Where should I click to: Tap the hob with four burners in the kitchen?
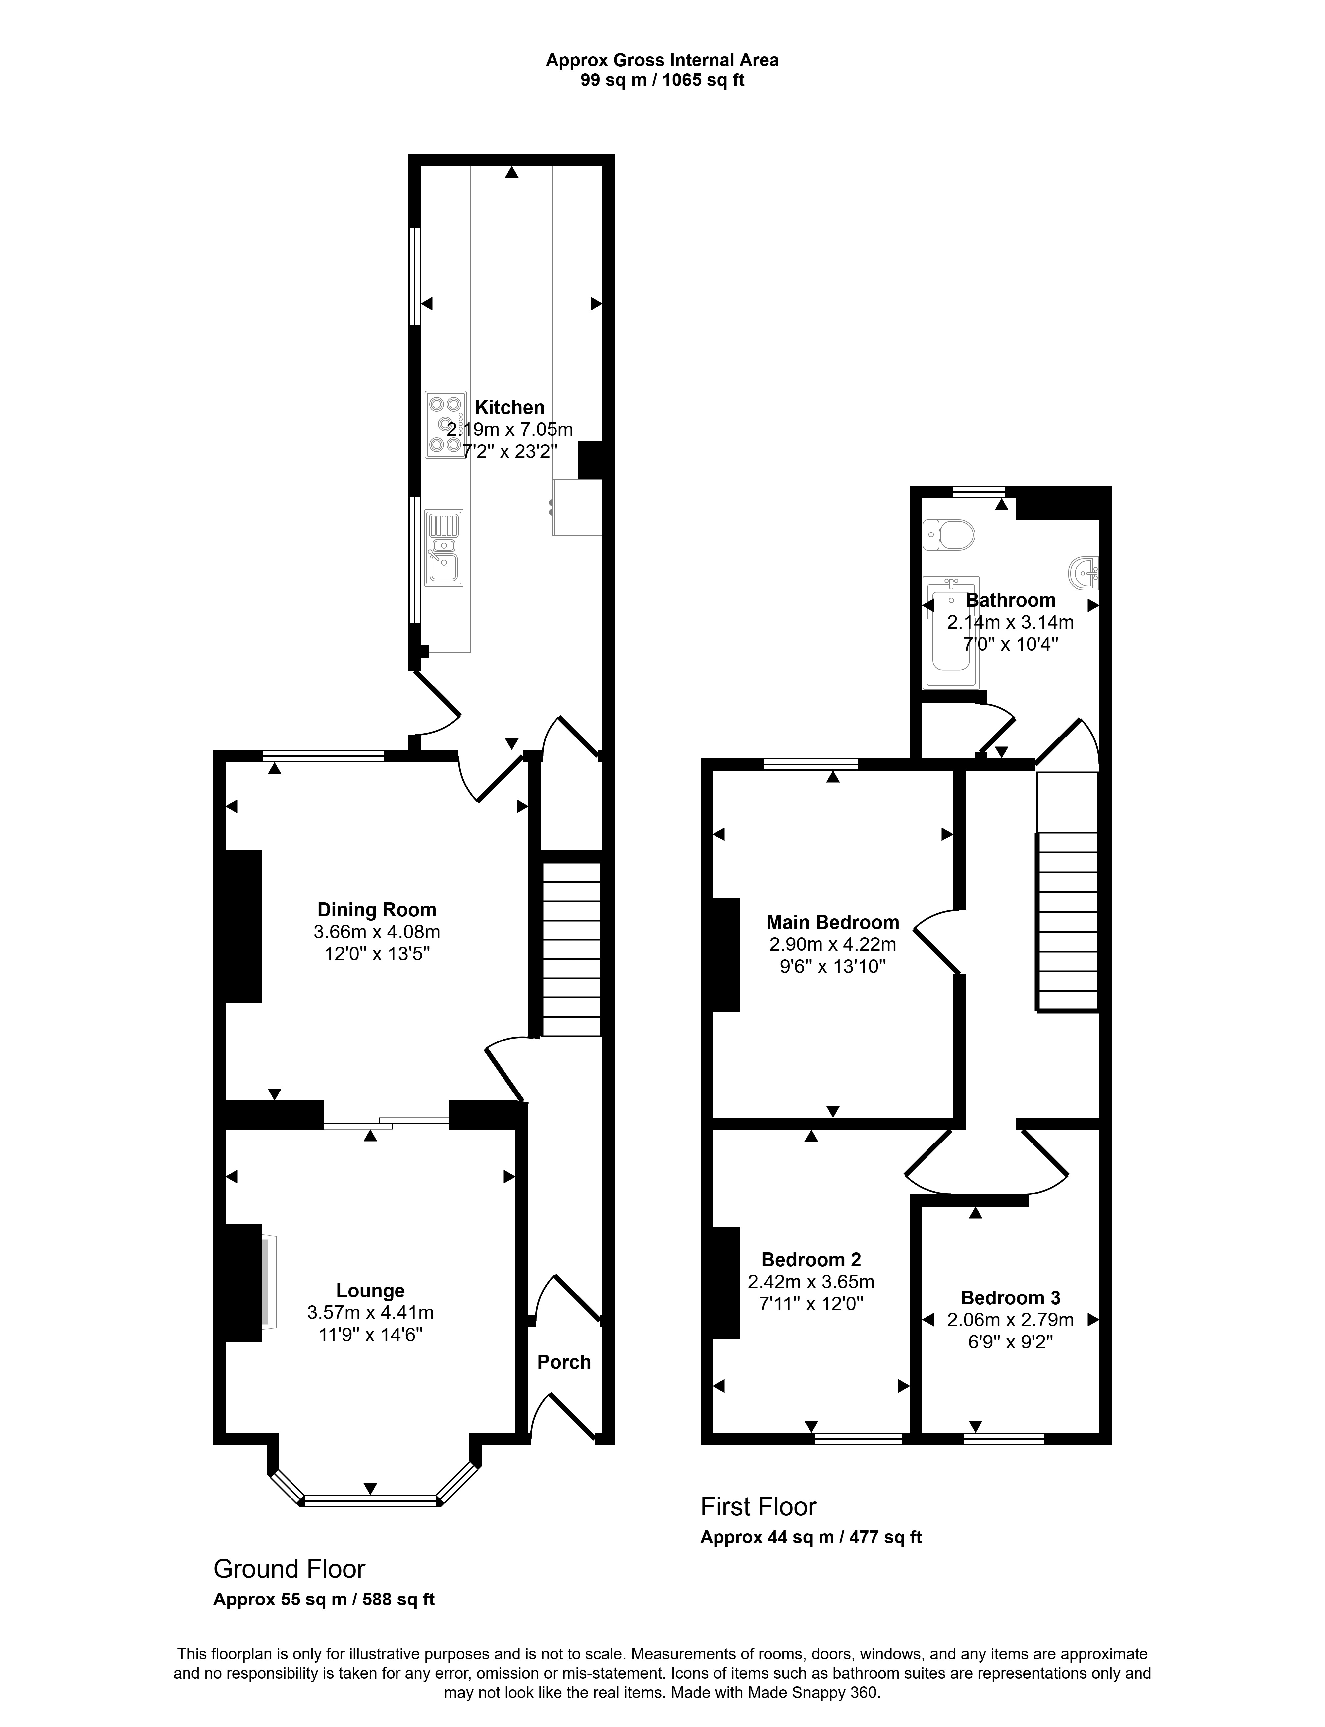click(445, 425)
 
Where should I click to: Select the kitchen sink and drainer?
click(444, 548)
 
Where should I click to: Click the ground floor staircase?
click(571, 949)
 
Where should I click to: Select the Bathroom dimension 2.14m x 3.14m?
click(1010, 621)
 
